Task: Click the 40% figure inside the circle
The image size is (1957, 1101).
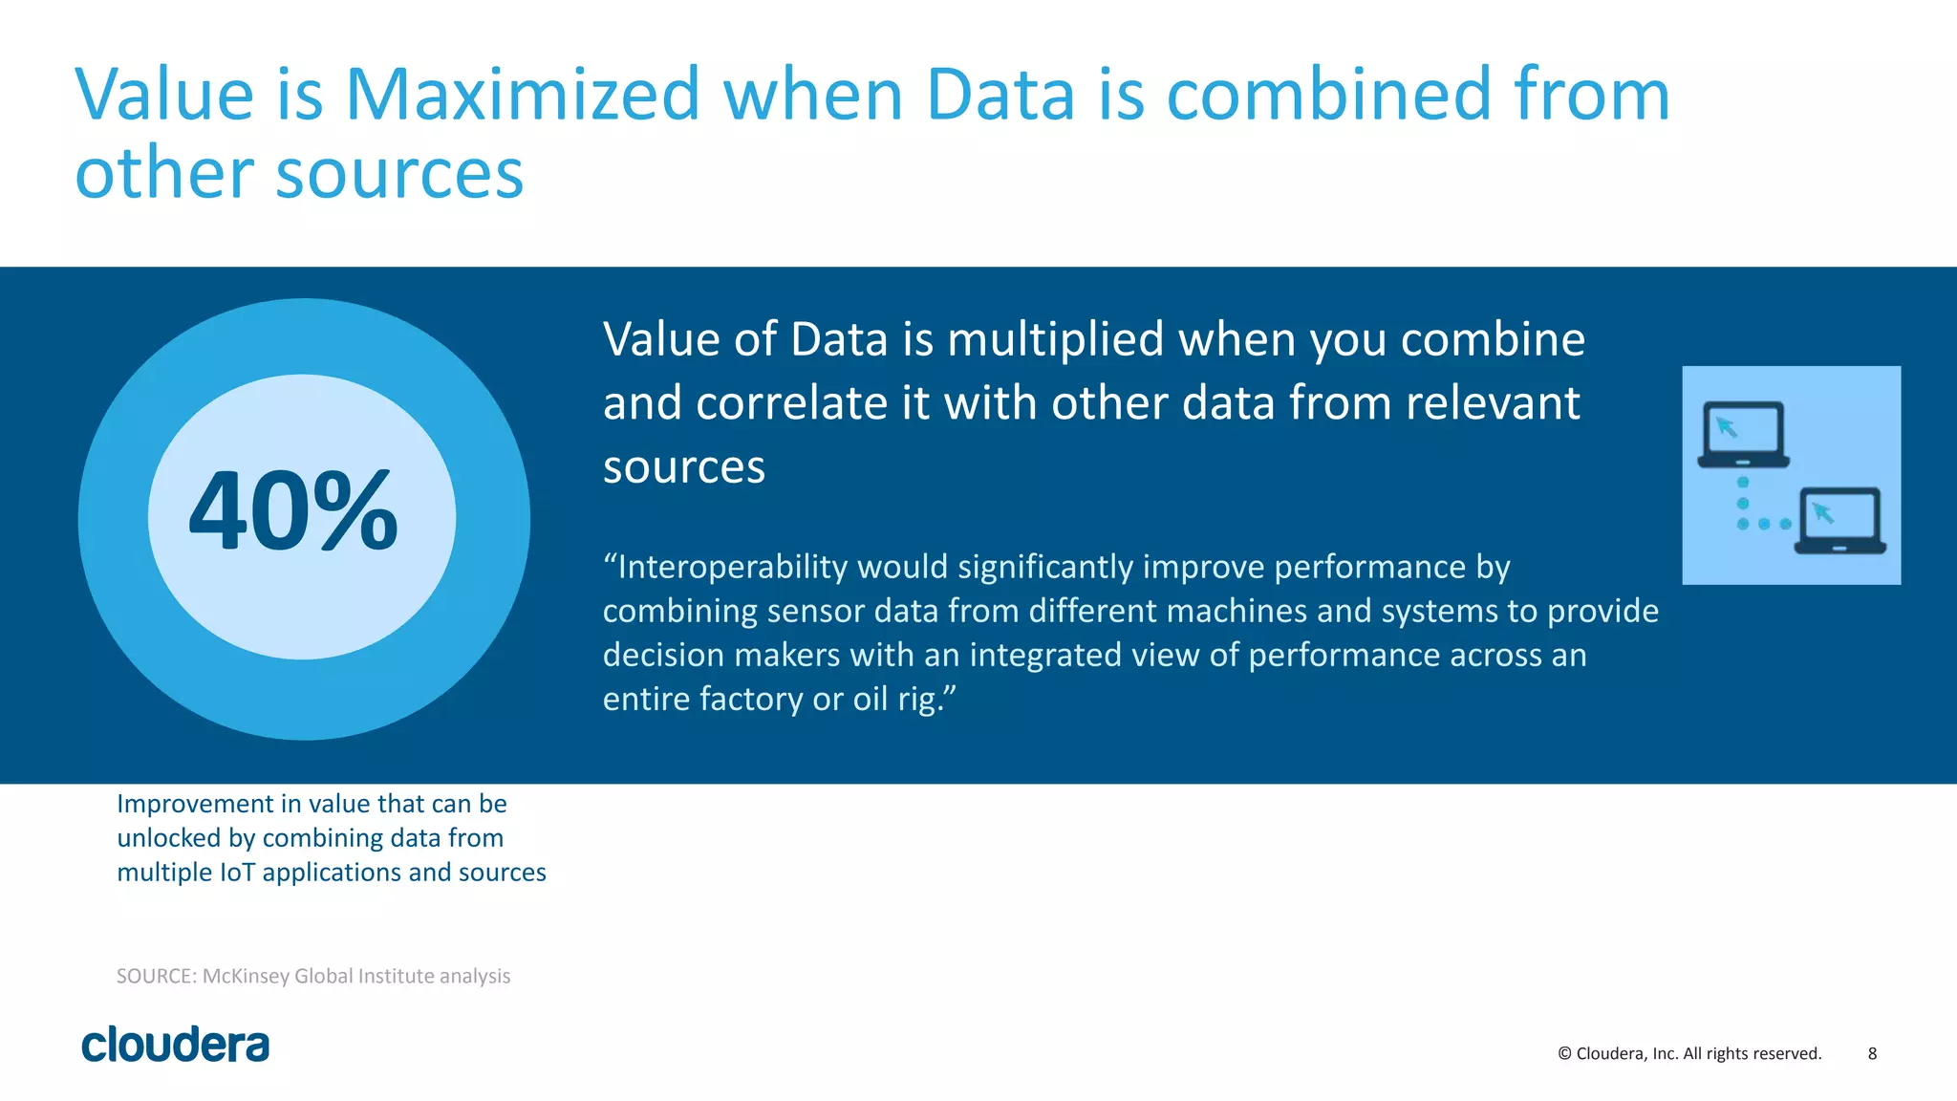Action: [293, 511]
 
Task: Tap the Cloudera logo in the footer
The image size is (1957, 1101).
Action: [176, 1045]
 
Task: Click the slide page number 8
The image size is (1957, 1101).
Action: [1872, 1053]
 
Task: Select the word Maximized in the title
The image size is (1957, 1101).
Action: [523, 95]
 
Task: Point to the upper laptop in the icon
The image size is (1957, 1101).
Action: [1743, 434]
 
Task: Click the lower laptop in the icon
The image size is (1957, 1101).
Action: [1840, 521]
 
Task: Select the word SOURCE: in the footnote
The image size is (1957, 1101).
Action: [157, 976]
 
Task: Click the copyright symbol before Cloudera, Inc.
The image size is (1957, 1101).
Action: [1564, 1053]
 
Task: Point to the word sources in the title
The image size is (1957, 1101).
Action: [399, 174]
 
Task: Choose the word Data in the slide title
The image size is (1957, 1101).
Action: [1000, 95]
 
